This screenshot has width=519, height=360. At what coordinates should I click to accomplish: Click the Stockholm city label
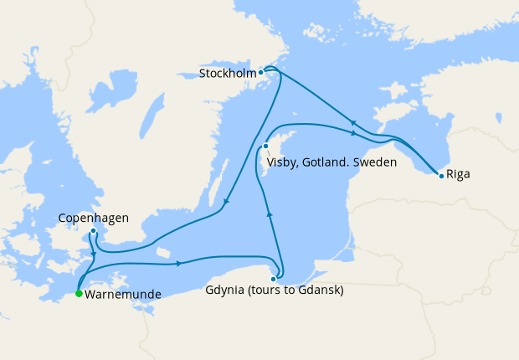(x=228, y=74)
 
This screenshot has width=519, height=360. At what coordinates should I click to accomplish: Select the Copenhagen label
(x=93, y=219)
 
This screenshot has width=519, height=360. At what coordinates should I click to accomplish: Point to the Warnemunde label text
(x=122, y=295)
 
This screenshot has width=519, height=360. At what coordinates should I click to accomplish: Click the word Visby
(x=284, y=162)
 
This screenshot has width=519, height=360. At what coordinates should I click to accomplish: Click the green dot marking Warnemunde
(x=79, y=294)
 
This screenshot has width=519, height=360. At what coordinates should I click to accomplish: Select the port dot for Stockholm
(x=261, y=72)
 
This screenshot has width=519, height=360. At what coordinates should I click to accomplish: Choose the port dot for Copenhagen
(x=93, y=231)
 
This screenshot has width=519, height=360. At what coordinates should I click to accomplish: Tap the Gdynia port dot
(x=274, y=279)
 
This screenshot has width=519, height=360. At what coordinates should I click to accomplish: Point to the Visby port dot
(x=265, y=147)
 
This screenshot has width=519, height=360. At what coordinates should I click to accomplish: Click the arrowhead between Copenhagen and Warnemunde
(x=93, y=253)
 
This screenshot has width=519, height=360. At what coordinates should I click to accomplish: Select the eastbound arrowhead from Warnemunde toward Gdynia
(x=179, y=265)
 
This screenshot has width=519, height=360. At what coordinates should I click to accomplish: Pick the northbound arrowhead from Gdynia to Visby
(x=270, y=213)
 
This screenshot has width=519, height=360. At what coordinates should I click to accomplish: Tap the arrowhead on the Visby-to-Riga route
(x=354, y=132)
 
